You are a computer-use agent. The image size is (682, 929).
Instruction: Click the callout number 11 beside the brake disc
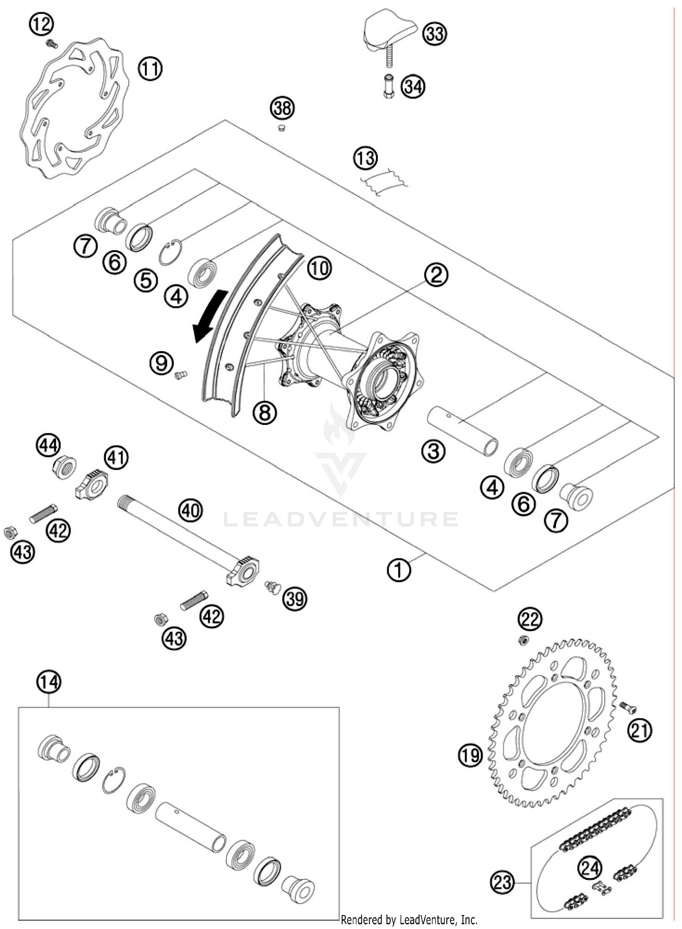150,69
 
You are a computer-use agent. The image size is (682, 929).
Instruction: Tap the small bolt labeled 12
52,44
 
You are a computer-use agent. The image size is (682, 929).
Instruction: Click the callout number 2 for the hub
436,275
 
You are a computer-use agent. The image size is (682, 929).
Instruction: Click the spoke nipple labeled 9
181,375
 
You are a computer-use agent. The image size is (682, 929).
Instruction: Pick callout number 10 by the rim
319,268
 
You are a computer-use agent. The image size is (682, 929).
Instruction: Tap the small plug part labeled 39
273,586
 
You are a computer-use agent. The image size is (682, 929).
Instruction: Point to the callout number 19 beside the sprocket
470,756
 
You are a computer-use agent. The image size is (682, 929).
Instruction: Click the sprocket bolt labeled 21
628,707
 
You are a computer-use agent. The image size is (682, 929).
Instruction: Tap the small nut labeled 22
523,641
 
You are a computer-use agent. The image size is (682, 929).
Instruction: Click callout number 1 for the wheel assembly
399,570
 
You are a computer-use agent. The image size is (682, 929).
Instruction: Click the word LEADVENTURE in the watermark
341,520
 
